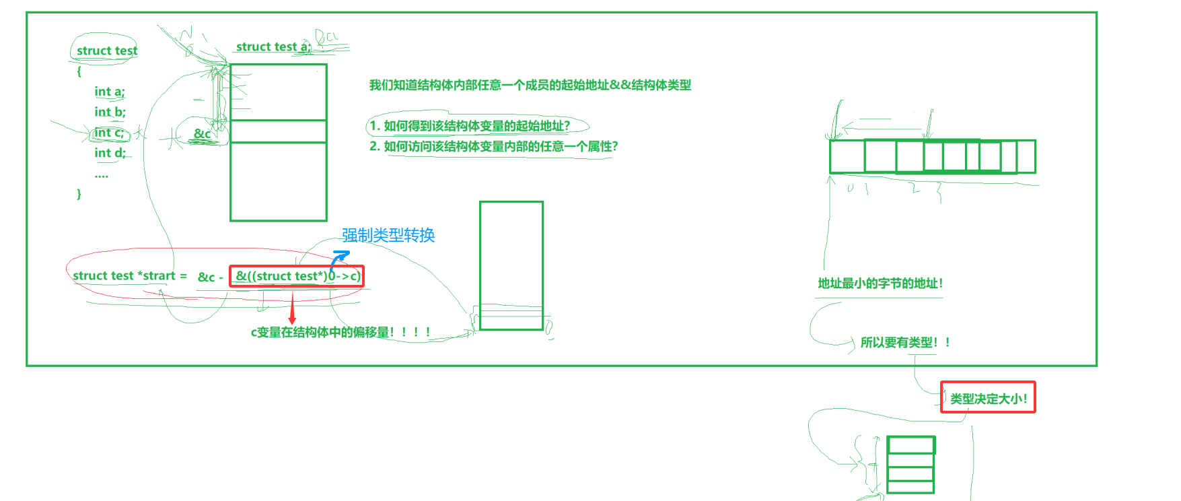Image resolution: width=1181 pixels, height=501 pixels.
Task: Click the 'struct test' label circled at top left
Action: (106, 51)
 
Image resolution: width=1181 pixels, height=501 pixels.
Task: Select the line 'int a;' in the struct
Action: (109, 92)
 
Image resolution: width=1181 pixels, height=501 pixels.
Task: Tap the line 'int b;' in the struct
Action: (110, 112)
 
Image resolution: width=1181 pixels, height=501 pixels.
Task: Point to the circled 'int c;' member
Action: (109, 133)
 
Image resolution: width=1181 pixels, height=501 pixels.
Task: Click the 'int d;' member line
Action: (110, 153)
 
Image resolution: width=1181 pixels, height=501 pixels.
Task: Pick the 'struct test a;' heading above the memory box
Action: (273, 46)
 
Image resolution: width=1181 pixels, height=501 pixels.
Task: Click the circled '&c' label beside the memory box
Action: (202, 133)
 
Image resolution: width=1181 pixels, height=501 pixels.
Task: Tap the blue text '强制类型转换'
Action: (388, 235)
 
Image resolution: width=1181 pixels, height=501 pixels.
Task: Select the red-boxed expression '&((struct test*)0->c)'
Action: (297, 276)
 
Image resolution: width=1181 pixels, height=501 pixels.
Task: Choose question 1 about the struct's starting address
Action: (470, 126)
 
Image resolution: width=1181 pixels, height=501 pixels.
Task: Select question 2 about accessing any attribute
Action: (493, 146)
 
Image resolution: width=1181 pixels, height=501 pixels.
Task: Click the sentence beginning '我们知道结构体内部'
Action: (530, 85)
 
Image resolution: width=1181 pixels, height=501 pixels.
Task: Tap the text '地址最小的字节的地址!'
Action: (880, 283)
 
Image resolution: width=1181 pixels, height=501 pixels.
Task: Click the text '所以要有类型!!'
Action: (905, 342)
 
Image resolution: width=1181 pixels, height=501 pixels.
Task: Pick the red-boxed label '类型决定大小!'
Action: (988, 398)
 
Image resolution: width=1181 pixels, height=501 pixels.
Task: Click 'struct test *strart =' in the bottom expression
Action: (129, 275)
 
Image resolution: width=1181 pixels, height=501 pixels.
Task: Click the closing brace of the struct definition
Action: (79, 194)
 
